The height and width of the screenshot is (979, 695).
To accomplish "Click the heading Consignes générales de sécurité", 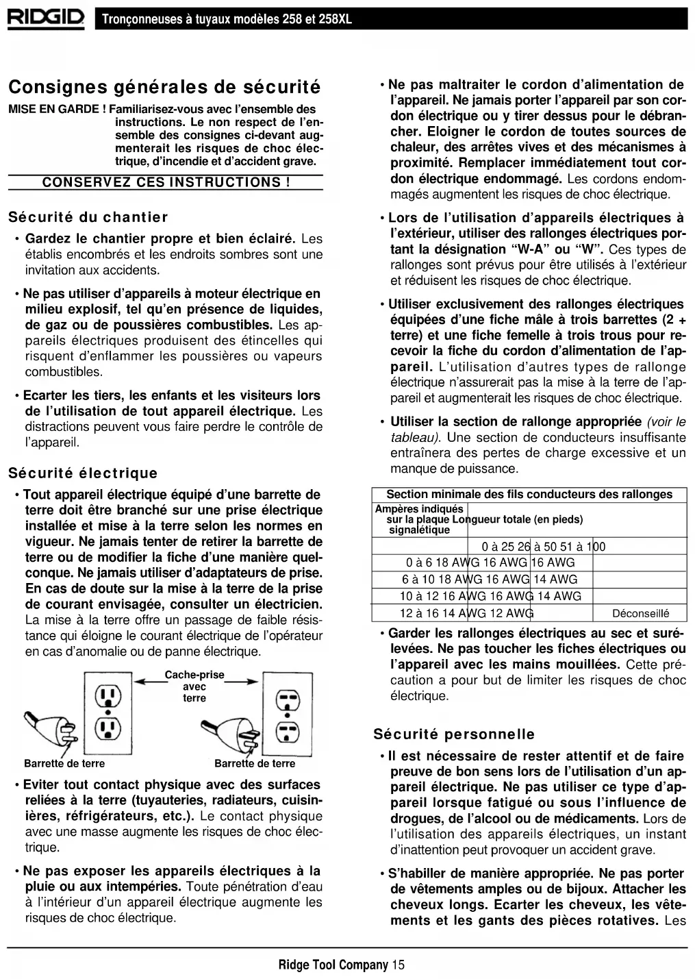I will coord(164,88).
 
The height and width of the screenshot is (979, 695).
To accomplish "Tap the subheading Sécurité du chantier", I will coord(88,217).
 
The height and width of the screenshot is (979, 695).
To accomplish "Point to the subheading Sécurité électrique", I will coord(82,473).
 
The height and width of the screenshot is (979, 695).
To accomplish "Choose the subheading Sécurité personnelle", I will coord(454,734).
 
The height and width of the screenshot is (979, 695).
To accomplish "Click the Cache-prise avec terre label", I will coord(194,686).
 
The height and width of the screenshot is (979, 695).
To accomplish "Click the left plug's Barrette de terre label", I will coord(64,763).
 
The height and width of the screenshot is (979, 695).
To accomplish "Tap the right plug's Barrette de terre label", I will coord(255,763).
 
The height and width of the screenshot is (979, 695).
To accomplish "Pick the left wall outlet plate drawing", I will coord(108,712).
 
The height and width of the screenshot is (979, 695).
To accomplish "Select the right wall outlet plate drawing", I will coord(288,712).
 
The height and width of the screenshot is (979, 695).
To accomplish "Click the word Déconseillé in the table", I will coord(640,613).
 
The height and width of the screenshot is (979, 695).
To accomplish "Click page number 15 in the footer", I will coord(399,965).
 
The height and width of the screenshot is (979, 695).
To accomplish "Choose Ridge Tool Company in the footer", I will coord(333,965).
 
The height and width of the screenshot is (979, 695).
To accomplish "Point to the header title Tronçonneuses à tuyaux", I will coord(226,18).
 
